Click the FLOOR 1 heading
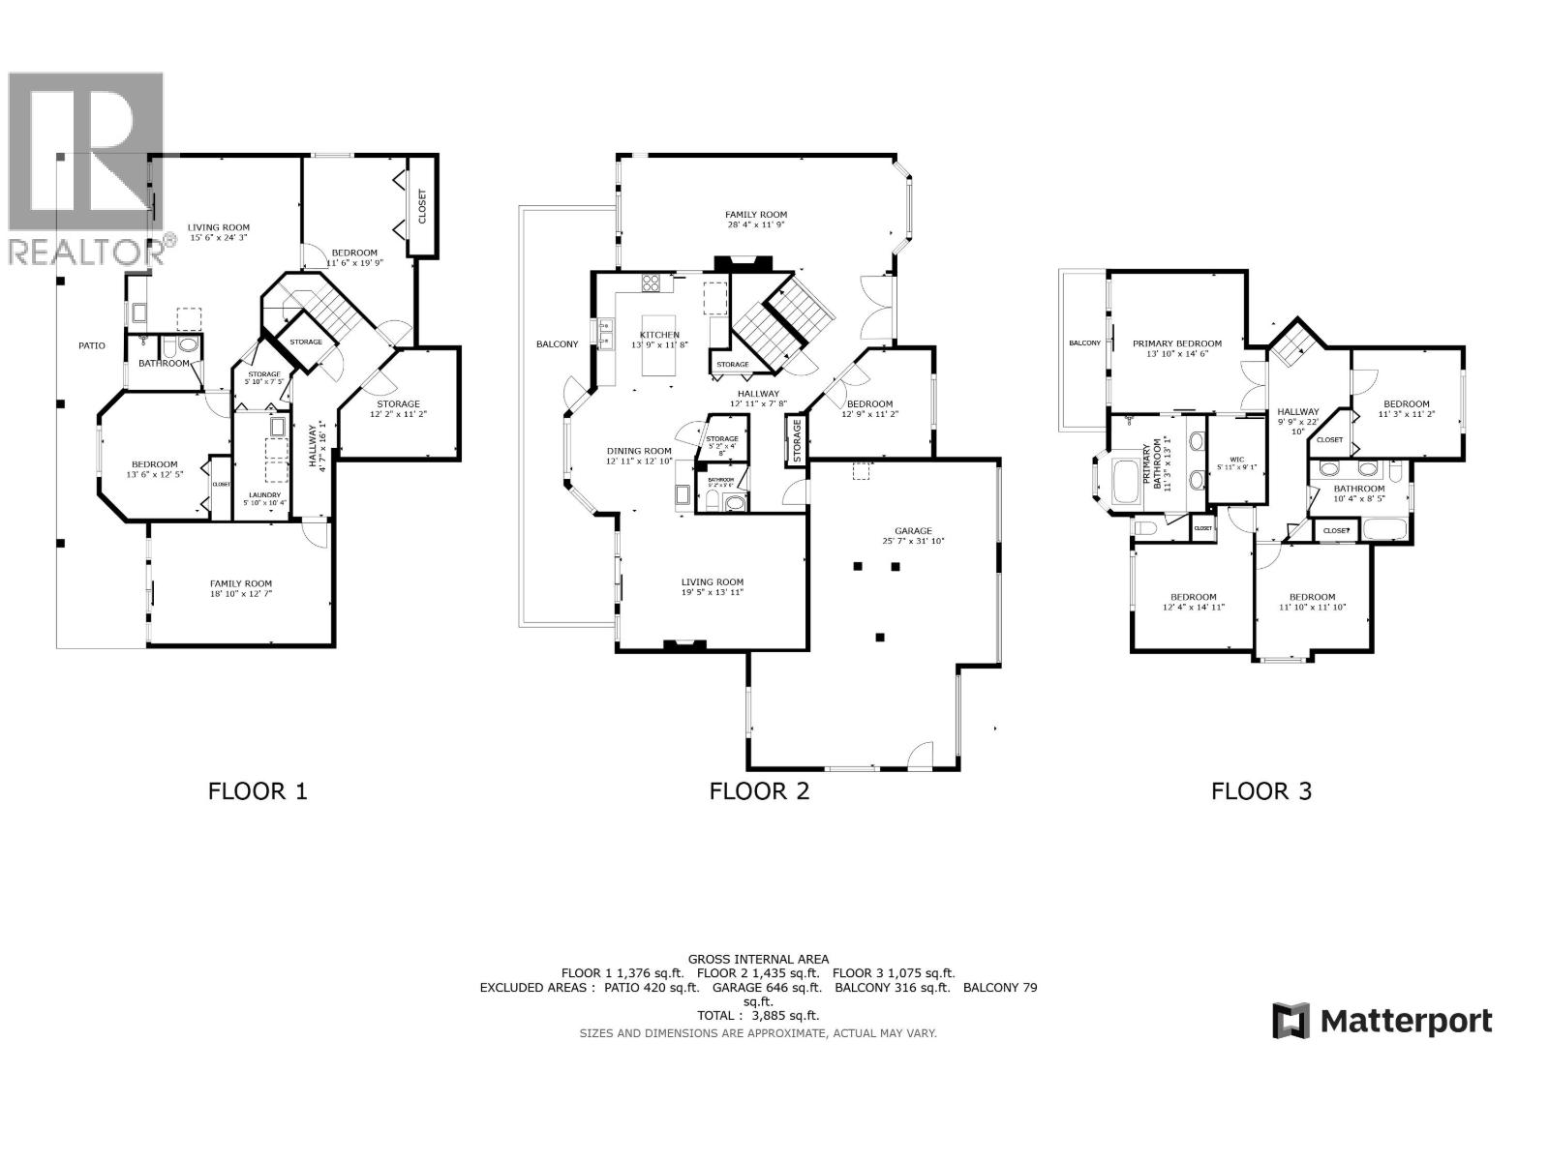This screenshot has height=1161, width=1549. point(258,791)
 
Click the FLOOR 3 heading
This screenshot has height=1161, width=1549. point(1261,791)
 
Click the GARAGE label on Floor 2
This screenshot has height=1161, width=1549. point(913,530)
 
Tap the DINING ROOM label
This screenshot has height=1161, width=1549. point(639,451)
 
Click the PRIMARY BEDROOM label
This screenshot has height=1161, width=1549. point(1176,343)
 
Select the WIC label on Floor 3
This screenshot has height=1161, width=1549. point(1236,460)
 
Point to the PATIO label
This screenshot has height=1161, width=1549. point(93,345)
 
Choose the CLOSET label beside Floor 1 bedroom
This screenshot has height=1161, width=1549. point(421,206)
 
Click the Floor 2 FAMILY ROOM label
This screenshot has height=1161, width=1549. point(756,215)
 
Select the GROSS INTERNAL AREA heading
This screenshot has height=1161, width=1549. point(758,959)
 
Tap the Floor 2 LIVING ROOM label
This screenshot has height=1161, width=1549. point(712,582)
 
